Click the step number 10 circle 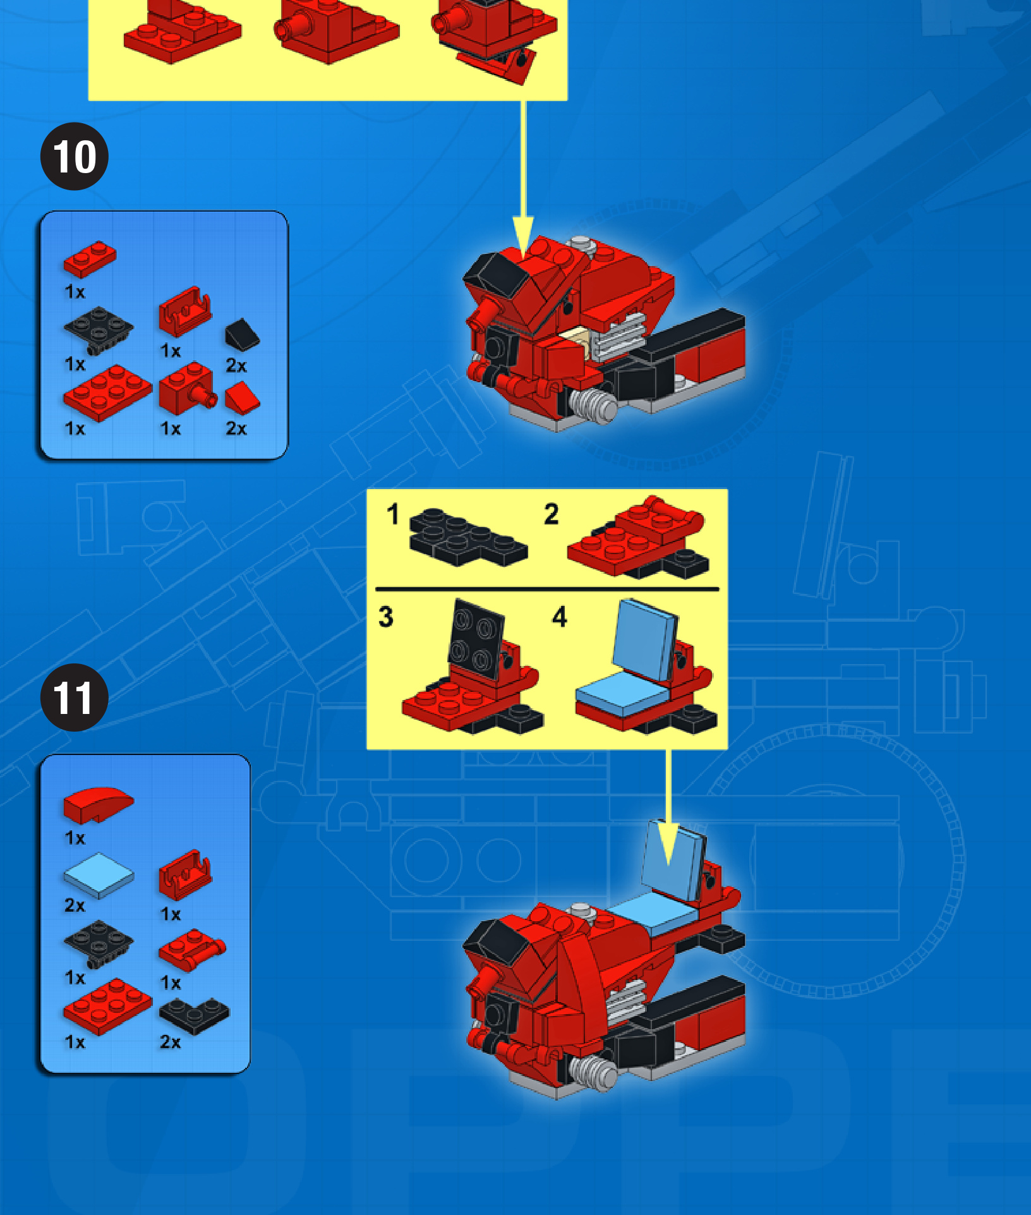click(x=75, y=156)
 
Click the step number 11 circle click(x=75, y=698)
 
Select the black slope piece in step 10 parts click(x=241, y=334)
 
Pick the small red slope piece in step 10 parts click(x=242, y=397)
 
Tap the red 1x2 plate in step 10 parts click(x=90, y=258)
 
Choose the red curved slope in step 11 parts click(x=98, y=804)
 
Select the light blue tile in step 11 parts click(x=99, y=875)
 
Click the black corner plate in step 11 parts click(x=194, y=1015)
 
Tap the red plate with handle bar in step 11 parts click(x=191, y=948)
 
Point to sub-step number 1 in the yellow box click(x=393, y=514)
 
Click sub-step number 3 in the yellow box click(x=386, y=617)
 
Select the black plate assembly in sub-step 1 click(x=467, y=536)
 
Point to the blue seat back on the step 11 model click(x=673, y=859)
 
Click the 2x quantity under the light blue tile click(x=75, y=905)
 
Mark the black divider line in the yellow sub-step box click(x=547, y=589)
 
